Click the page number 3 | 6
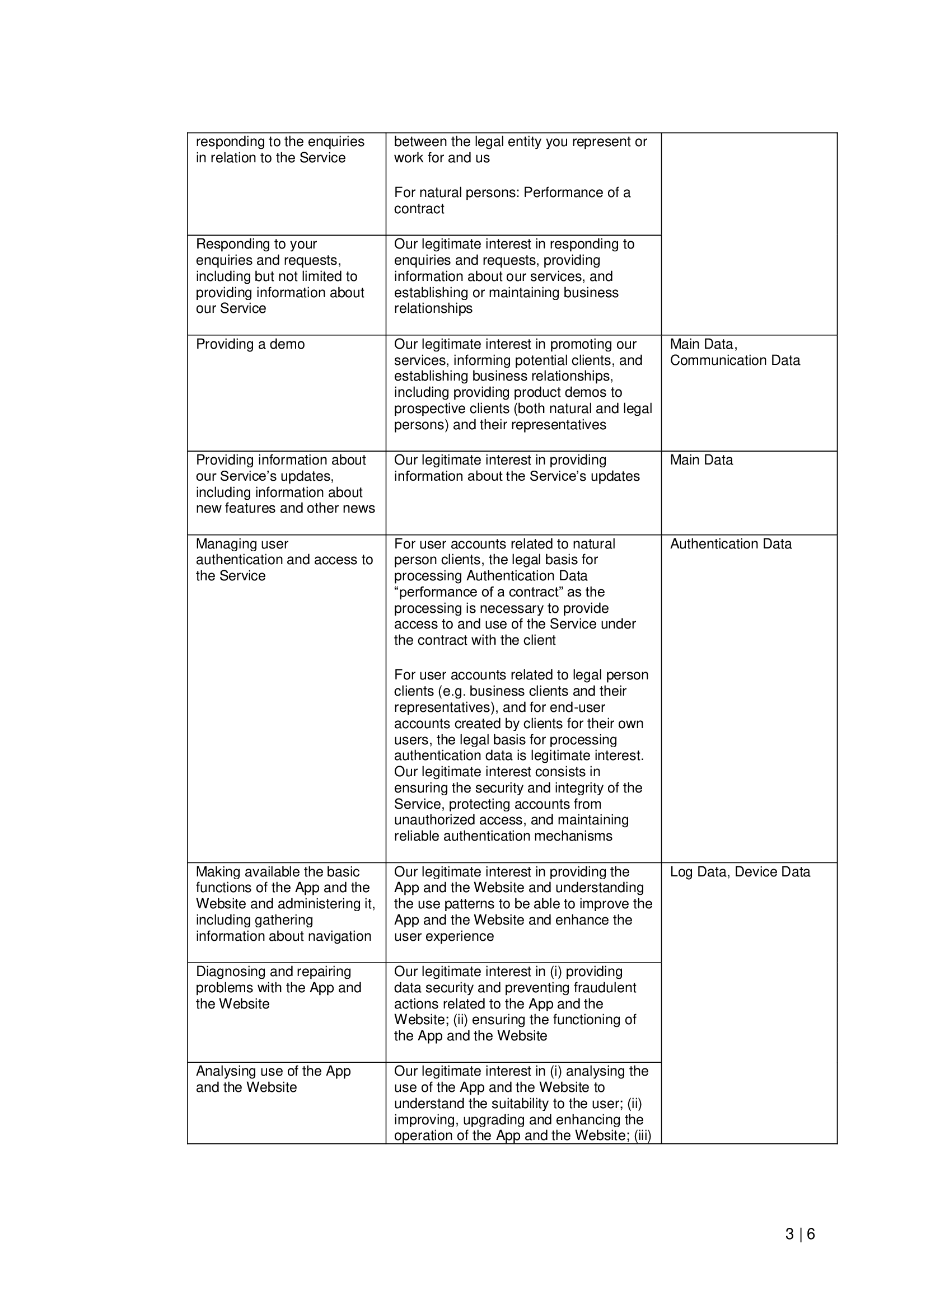(x=799, y=1235)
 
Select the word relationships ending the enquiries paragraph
(x=433, y=308)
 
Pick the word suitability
(x=507, y=1103)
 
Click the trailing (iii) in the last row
(x=642, y=1135)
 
